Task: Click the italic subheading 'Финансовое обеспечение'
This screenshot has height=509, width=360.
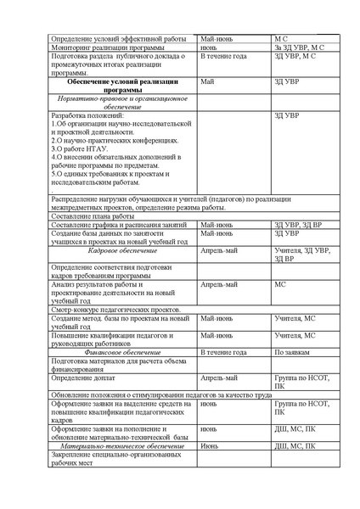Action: click(122, 350)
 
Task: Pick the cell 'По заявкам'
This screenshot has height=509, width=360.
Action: click(291, 350)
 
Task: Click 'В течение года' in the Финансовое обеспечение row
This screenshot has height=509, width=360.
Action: click(224, 350)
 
